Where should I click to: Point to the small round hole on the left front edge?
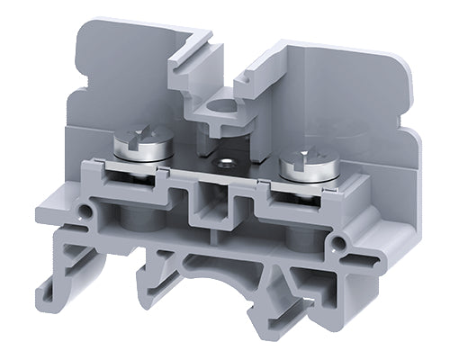click(85, 212)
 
